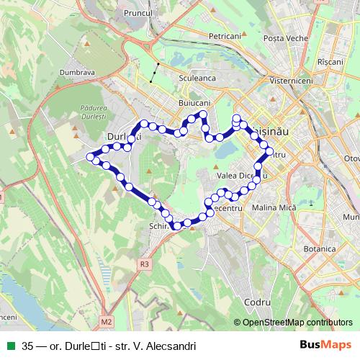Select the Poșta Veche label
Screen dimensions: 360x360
(284, 37)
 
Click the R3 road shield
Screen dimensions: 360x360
(145, 264)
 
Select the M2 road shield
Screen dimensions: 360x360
(107, 321)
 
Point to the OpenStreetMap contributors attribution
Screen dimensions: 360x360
(297, 322)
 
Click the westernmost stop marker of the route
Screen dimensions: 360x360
(91, 156)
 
